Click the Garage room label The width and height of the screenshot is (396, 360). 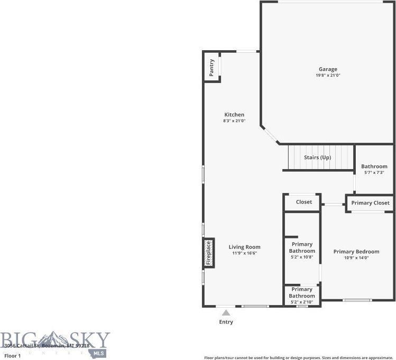click(328, 69)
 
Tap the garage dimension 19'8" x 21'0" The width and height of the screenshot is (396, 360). click(328, 76)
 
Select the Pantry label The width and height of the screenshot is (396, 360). click(211, 68)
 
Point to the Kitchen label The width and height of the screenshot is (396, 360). click(234, 115)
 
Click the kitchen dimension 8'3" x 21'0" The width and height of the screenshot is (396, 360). click(234, 121)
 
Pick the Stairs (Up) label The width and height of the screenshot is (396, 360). click(317, 158)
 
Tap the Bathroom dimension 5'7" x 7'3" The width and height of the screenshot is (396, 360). click(374, 173)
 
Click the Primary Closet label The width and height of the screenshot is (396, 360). click(370, 202)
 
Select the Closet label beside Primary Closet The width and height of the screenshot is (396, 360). click(303, 202)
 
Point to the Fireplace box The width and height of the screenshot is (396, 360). click(209, 253)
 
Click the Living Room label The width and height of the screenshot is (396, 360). click(244, 247)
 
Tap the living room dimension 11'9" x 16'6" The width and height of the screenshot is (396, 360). click(244, 253)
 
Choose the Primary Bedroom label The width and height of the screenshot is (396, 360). click(356, 252)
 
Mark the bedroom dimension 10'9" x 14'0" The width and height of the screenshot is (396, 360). click(356, 258)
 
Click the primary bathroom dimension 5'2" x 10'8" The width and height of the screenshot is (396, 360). click(302, 257)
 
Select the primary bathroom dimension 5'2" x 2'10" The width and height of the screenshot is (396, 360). click(302, 302)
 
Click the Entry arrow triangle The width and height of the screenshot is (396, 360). click(226, 313)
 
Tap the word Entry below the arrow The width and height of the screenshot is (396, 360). click(226, 322)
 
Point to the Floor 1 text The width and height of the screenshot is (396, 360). click(12, 356)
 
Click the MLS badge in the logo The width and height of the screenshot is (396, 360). click(99, 353)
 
